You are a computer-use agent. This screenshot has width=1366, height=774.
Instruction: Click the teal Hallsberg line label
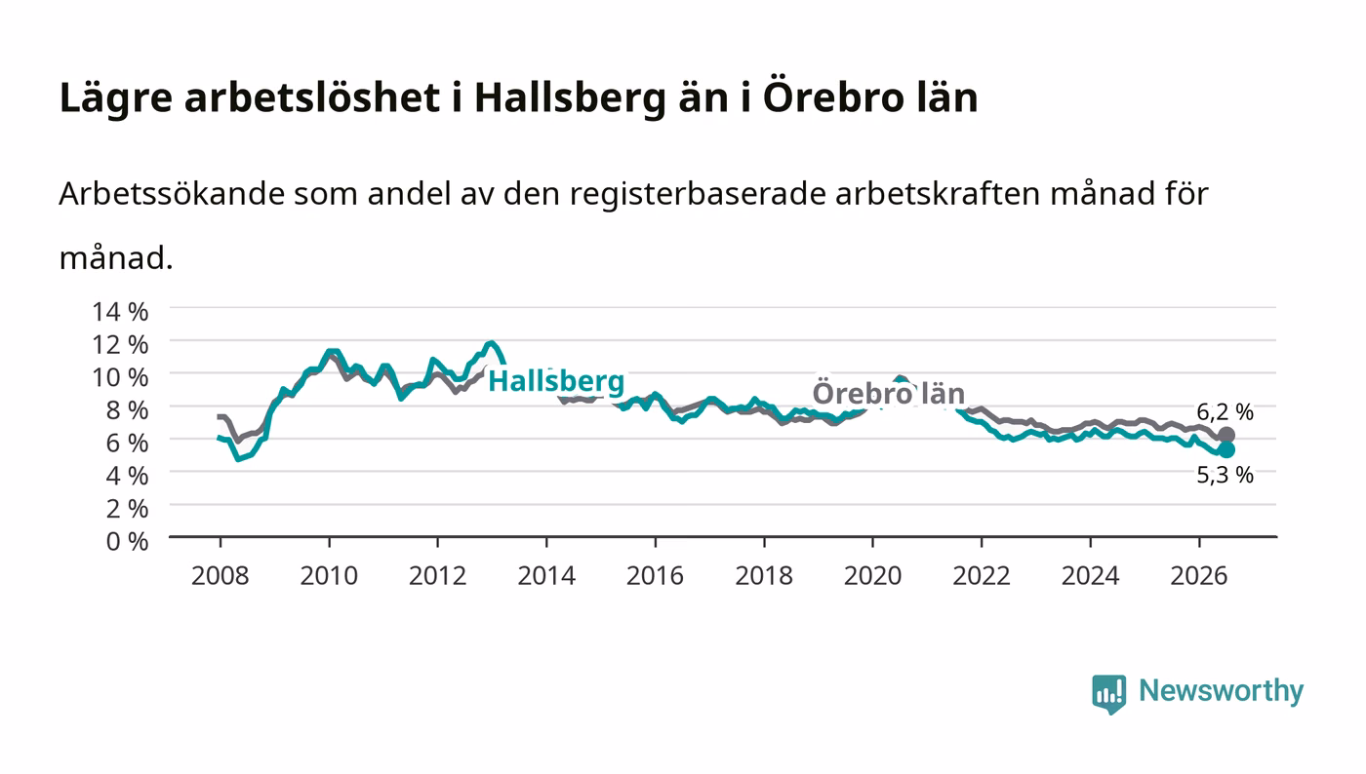556,381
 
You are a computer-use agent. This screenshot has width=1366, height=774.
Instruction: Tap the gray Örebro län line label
889,394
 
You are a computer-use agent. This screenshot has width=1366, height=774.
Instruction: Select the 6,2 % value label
1225,412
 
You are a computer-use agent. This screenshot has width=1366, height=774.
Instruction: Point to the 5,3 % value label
1225,475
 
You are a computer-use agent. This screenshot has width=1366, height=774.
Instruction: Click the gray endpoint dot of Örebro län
1226,435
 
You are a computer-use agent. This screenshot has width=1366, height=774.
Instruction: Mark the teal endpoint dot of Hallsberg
1226,449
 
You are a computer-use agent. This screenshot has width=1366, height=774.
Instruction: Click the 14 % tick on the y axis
120,312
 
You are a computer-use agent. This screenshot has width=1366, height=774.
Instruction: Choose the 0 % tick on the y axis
127,541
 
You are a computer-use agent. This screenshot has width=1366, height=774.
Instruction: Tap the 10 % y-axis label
120,377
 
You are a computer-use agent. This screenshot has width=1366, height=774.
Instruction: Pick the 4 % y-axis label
127,476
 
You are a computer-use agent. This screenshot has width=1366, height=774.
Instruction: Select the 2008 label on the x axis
221,575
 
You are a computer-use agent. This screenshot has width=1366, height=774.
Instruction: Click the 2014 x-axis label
546,575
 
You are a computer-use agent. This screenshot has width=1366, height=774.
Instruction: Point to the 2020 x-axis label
872,575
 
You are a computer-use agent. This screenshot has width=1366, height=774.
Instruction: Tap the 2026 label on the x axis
1199,575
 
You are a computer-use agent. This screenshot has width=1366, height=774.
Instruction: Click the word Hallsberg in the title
570,98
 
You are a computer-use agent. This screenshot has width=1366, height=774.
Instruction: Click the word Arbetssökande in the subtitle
172,193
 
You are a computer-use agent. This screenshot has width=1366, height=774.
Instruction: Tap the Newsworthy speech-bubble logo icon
1109,694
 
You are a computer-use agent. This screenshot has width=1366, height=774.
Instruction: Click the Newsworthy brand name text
1222,692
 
